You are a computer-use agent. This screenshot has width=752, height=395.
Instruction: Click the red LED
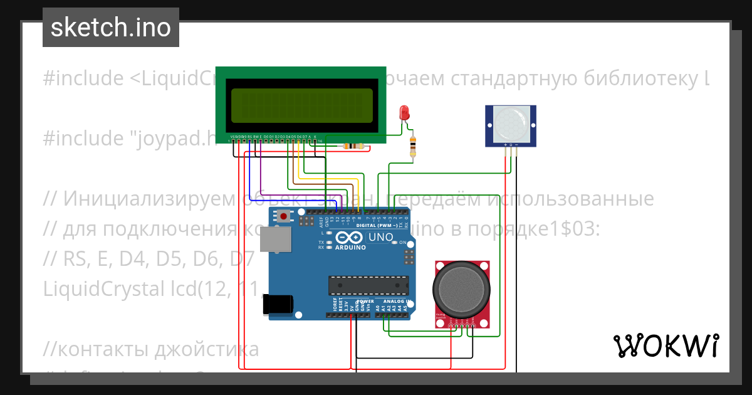point(405,113)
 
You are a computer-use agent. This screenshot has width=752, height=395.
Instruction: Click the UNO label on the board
point(380,238)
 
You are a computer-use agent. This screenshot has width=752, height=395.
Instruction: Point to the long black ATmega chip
point(363,285)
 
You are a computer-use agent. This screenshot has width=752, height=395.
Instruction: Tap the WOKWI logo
point(666,345)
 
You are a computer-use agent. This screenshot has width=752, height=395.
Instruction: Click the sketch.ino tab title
point(110,28)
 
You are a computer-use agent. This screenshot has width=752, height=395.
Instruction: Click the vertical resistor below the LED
point(412,146)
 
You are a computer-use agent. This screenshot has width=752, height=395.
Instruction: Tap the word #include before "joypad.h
point(83,137)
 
